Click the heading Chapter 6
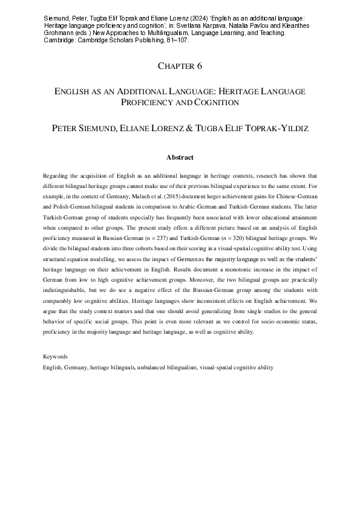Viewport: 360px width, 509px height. pos(180,65)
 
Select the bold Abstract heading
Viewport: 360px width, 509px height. pos(180,158)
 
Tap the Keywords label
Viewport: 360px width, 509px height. pos(56,357)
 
